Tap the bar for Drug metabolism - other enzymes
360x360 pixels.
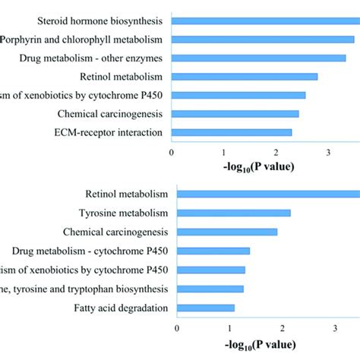[x=259, y=58]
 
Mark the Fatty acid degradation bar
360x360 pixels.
[x=206, y=308]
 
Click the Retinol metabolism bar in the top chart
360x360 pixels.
[x=245, y=77]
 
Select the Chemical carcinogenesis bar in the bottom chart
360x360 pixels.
[x=227, y=232]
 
